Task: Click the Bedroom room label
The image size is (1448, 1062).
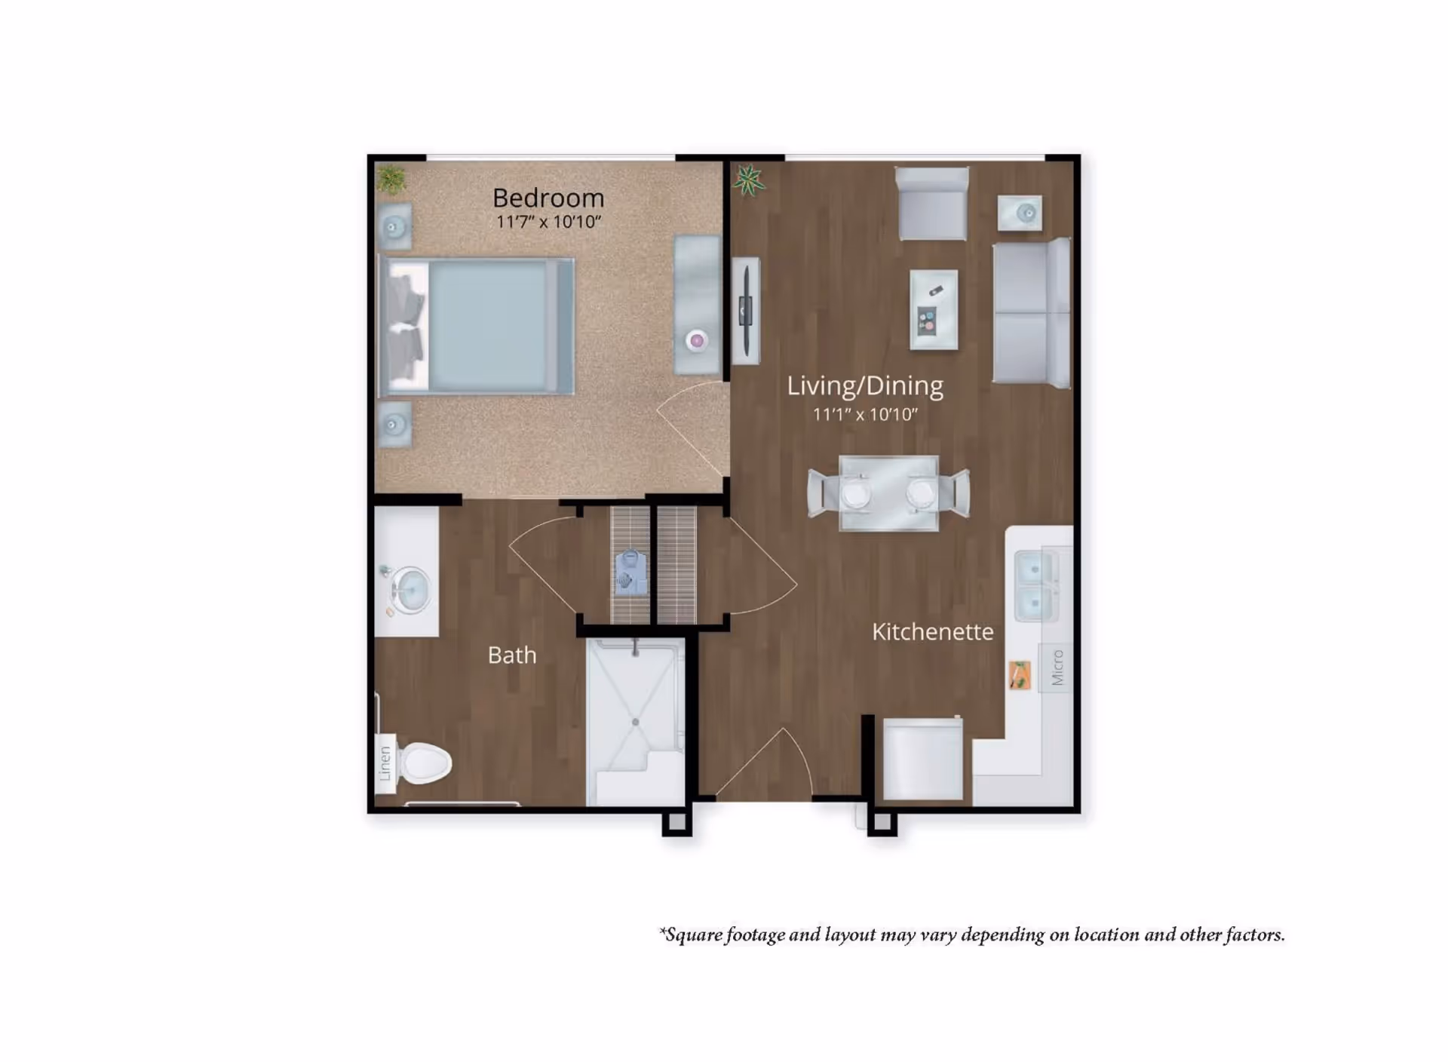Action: click(x=548, y=198)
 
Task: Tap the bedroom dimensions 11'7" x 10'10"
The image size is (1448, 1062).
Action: click(x=548, y=222)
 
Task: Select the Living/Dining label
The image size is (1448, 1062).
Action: click(x=865, y=385)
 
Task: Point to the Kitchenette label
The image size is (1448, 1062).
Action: click(x=932, y=631)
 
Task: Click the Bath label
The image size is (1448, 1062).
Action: click(x=512, y=655)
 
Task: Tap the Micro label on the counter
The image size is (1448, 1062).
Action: click(x=1057, y=668)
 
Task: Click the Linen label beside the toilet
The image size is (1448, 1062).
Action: click(x=385, y=763)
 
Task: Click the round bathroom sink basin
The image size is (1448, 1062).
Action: click(x=411, y=589)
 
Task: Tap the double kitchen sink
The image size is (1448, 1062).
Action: click(x=1034, y=585)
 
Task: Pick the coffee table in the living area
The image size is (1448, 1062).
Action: click(x=934, y=309)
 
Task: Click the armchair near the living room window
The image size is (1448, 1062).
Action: click(x=932, y=204)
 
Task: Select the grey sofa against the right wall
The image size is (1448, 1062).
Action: click(x=1030, y=313)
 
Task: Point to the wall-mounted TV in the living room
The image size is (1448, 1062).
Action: click(x=746, y=310)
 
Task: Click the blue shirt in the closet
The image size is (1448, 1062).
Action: click(x=630, y=573)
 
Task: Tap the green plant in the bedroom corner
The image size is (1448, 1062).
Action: click(x=391, y=180)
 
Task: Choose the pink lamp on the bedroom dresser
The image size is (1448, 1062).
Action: click(x=697, y=341)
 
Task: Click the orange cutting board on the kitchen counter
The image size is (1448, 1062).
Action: click(x=1020, y=675)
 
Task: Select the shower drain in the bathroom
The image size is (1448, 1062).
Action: click(x=636, y=723)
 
